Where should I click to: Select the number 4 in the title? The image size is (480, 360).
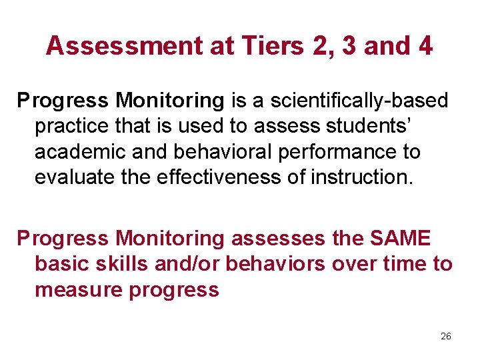click(425, 46)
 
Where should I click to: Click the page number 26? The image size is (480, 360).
click(446, 337)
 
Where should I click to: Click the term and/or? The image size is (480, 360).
click(186, 263)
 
